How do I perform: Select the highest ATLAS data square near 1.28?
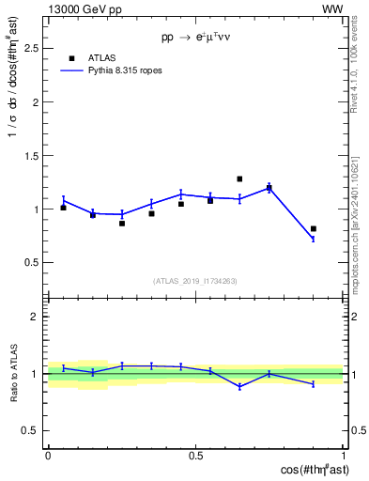tap(239, 178)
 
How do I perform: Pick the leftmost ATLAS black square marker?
tap(63, 208)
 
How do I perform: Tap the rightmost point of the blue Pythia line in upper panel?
tap(314, 239)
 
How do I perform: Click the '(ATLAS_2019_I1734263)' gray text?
tap(195, 281)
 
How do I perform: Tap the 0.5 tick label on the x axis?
tap(195, 455)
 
